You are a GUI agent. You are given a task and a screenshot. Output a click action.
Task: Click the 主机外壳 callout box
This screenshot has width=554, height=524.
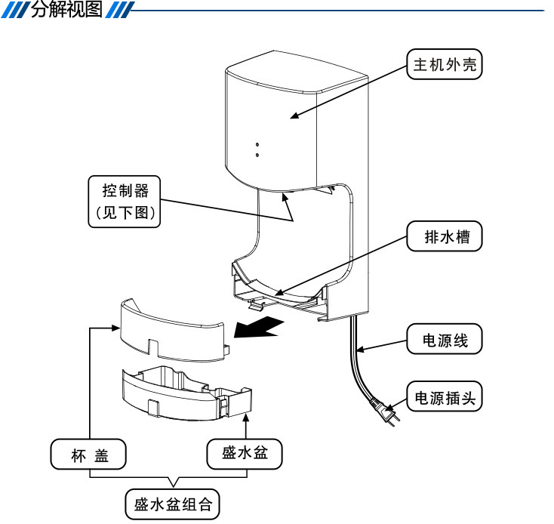444,64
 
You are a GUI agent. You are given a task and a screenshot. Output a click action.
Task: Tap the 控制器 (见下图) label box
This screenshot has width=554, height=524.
125,202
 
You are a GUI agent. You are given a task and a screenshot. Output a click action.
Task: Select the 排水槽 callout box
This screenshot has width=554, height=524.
444,236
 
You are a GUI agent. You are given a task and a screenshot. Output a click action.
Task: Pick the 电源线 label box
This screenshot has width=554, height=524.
444,339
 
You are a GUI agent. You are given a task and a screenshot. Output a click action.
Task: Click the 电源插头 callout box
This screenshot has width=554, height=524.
444,396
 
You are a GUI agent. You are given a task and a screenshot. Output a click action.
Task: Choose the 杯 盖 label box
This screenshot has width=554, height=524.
88,455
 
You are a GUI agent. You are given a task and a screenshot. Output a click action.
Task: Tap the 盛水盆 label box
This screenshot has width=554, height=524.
245,455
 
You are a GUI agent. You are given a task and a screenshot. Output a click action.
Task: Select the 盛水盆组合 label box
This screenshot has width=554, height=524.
172,504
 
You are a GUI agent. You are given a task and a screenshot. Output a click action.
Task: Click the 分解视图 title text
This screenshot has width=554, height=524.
66,9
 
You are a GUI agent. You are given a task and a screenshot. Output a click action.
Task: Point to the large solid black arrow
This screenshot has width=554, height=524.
258,327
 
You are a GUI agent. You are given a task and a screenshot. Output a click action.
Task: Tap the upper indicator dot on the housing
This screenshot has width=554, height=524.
257,144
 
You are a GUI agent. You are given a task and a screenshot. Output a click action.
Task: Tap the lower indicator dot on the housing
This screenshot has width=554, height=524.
257,155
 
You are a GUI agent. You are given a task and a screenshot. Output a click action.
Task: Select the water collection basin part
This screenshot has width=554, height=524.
186,393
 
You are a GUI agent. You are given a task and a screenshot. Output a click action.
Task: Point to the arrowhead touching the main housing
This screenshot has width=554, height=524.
294,116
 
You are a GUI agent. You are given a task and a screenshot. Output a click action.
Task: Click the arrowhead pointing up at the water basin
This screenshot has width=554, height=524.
246,417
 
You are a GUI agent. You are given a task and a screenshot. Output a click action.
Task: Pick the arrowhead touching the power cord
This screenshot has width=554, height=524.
360,350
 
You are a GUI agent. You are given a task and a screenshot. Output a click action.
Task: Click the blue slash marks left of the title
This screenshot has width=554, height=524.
15,10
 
